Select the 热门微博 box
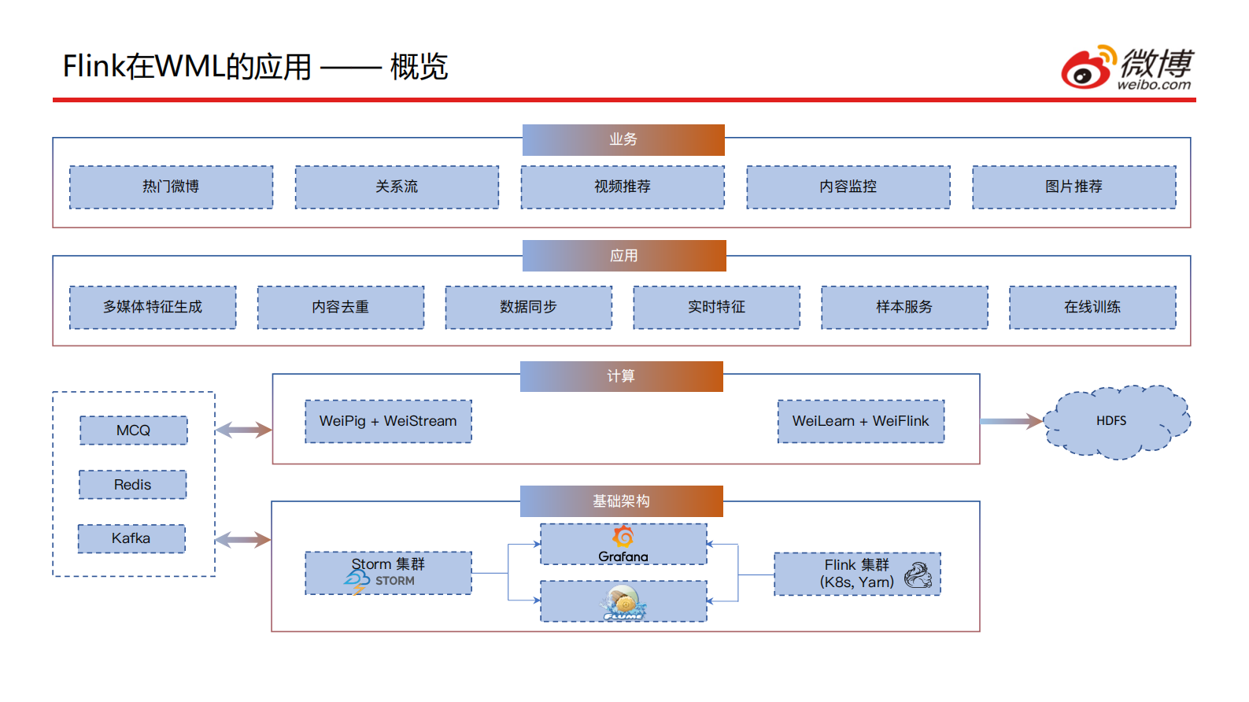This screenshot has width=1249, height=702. point(171,187)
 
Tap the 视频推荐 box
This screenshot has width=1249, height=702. point(622,187)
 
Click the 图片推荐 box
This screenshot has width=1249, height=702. point(1073,187)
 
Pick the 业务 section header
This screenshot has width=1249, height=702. point(623,139)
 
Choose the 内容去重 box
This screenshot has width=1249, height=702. point(340,307)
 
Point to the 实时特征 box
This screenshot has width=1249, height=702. point(716,307)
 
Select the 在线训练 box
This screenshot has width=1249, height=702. point(1092,307)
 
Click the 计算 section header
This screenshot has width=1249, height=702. point(621,376)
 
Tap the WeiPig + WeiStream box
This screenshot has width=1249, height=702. point(388,421)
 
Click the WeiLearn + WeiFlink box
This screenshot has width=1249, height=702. point(860,421)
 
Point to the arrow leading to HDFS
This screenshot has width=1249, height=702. point(1011,422)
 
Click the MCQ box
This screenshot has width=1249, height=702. point(133,430)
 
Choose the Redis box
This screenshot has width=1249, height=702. point(132,485)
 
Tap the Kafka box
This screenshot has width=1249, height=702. point(131,538)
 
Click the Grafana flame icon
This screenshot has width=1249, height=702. point(623,537)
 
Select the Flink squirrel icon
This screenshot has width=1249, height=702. point(918,575)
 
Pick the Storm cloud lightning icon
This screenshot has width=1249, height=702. point(357,582)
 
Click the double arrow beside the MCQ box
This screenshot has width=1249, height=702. point(243,430)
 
